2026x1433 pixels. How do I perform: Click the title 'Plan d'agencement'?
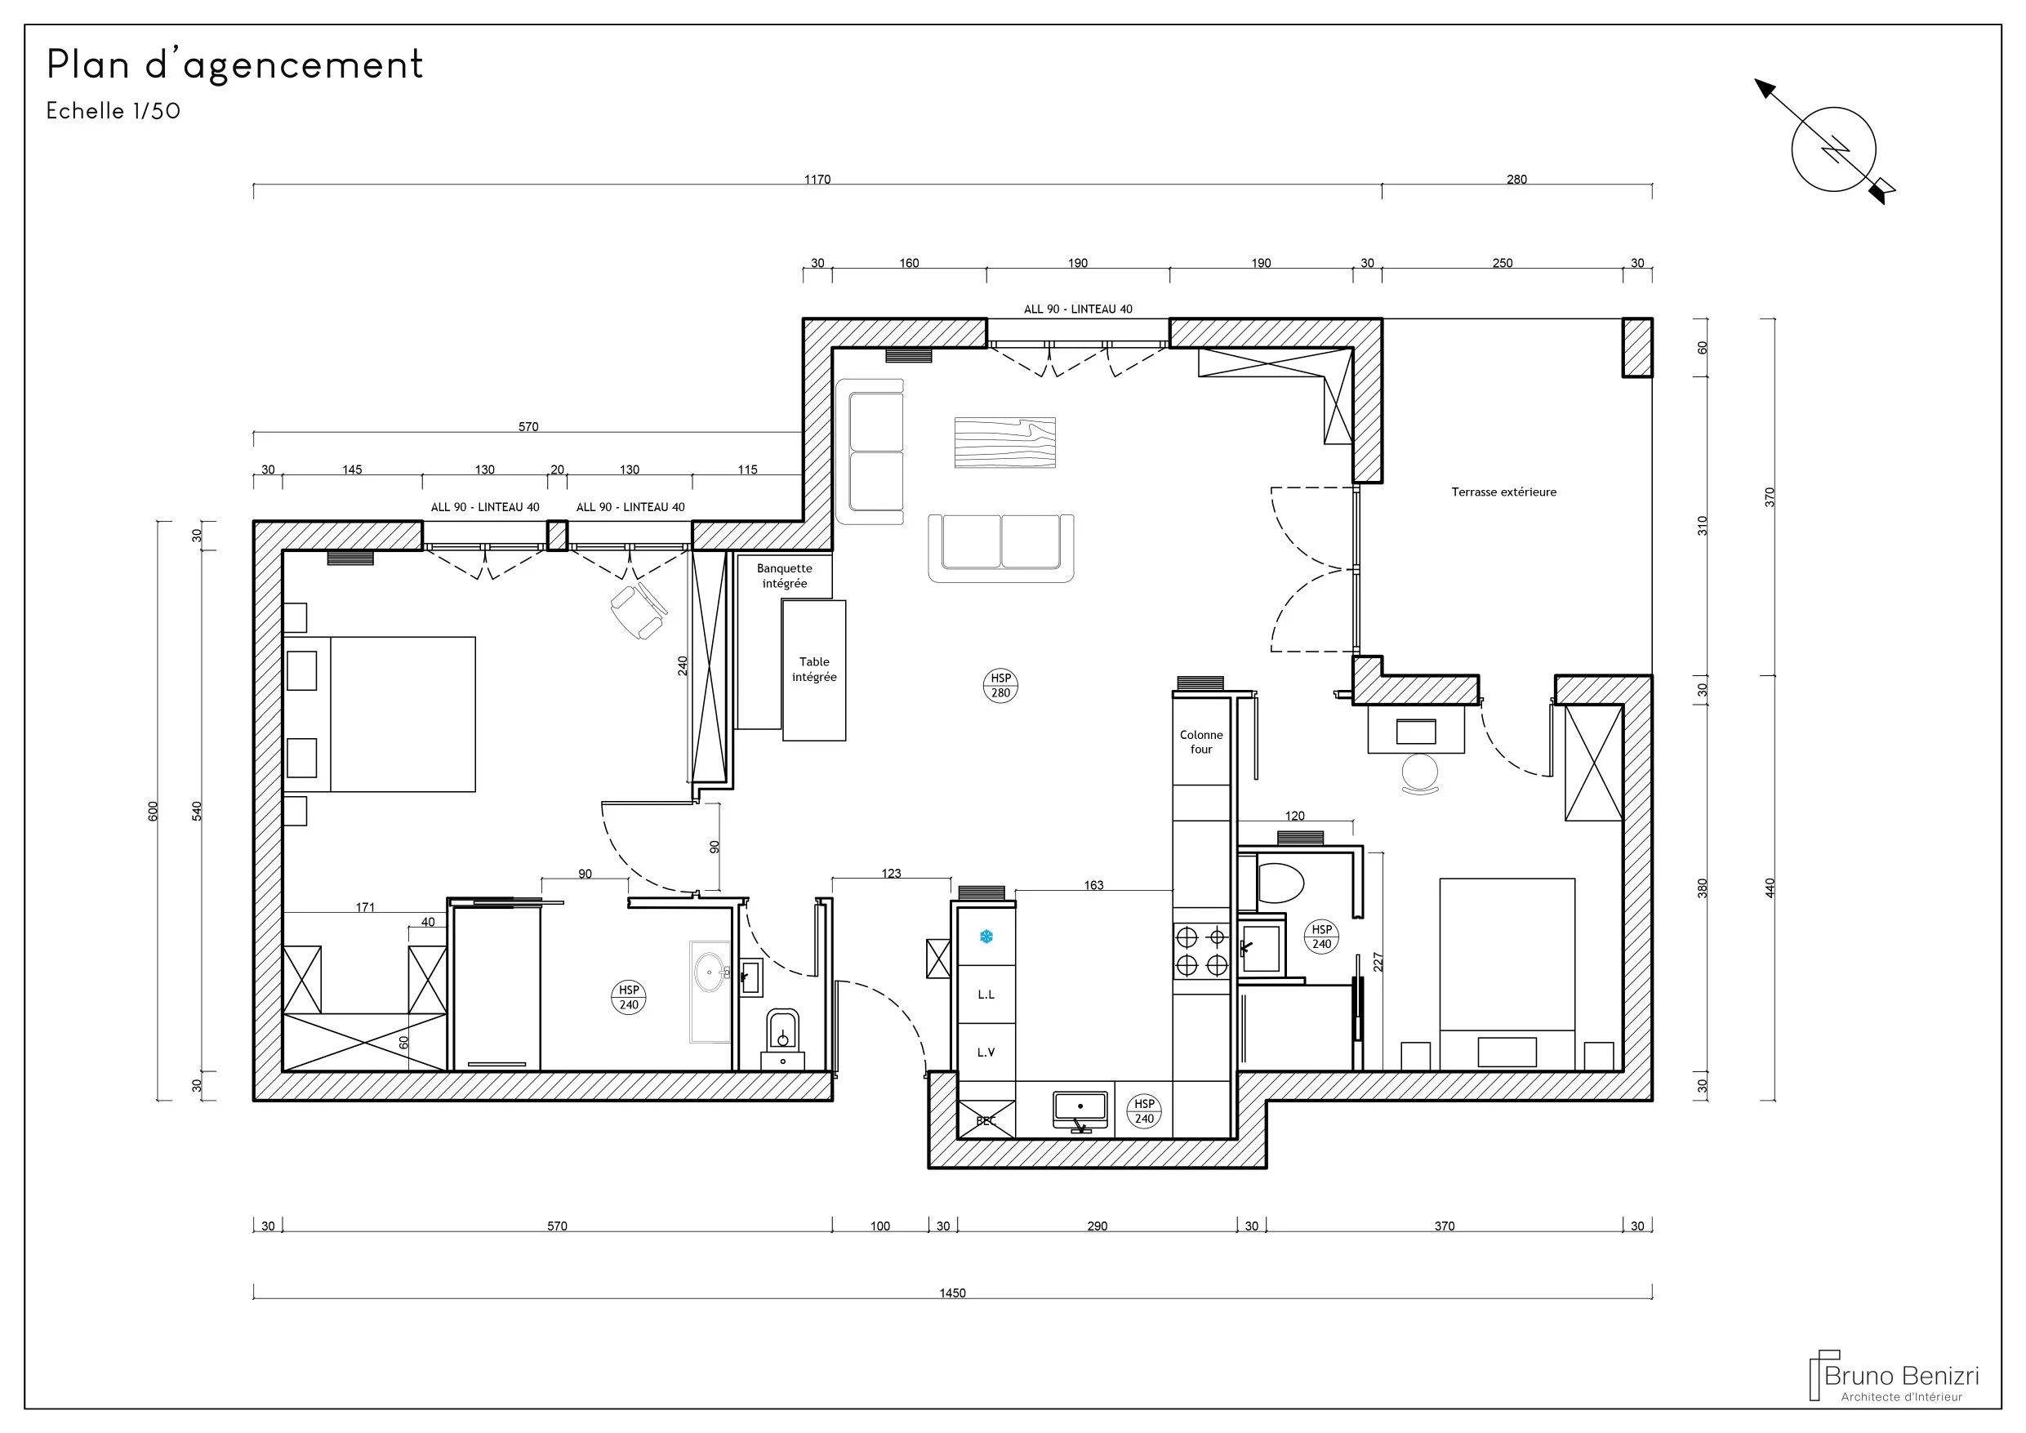point(234,65)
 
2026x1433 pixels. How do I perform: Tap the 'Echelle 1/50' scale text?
point(113,111)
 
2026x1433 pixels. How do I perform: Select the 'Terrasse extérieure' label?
point(1503,492)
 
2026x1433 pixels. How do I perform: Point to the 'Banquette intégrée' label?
point(785,576)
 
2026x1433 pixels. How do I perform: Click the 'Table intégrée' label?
point(814,669)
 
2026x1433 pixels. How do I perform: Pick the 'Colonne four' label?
point(1201,742)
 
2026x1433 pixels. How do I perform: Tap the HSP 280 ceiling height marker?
point(1000,686)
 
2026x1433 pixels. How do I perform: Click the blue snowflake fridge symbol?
point(986,937)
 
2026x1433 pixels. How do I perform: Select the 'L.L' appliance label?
point(986,995)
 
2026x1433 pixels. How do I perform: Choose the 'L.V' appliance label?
point(986,1052)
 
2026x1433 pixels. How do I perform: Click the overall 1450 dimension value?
point(952,1293)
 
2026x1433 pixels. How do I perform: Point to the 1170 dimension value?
point(817,180)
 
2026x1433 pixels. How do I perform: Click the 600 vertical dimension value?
point(153,812)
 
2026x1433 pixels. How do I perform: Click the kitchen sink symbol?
point(1080,1111)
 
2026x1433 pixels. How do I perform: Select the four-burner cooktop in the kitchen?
point(1202,950)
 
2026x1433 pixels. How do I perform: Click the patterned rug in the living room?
point(1005,442)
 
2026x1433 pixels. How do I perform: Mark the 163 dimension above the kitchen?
point(1093,886)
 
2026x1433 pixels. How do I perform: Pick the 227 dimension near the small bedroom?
point(1378,961)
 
